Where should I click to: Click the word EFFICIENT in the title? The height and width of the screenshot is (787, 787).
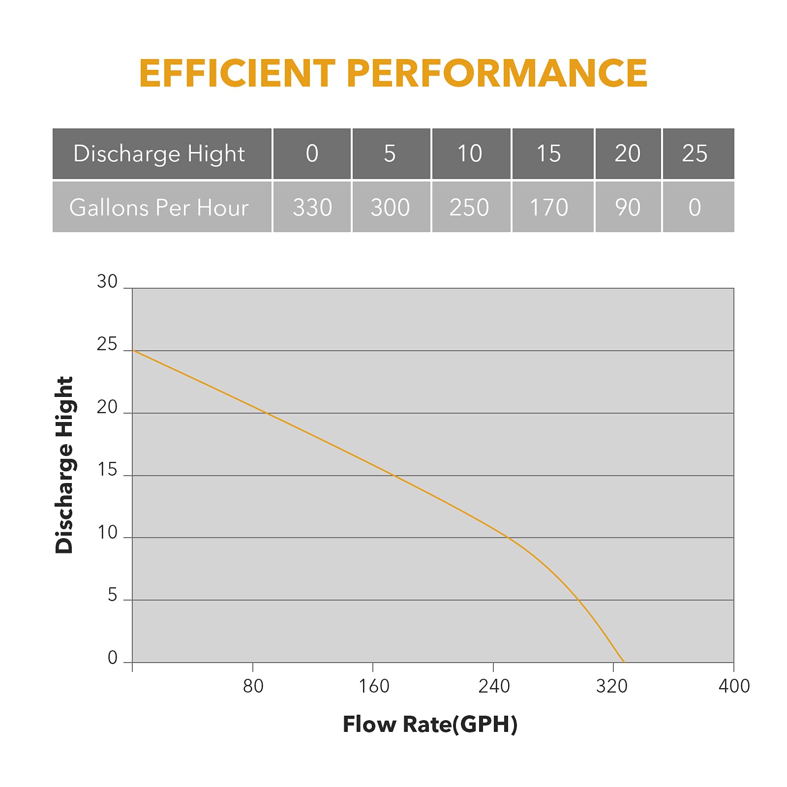pyautogui.click(x=237, y=73)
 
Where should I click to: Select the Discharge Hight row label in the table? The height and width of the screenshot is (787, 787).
pyautogui.click(x=159, y=154)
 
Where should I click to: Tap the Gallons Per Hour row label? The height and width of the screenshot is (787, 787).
pyautogui.click(x=159, y=207)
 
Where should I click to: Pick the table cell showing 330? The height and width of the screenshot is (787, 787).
pyautogui.click(x=312, y=207)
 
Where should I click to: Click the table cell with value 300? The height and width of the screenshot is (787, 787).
pyautogui.click(x=390, y=207)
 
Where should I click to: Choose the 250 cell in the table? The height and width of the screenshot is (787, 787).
pyautogui.click(x=469, y=207)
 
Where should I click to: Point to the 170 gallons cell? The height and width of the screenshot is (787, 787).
pyautogui.click(x=549, y=207)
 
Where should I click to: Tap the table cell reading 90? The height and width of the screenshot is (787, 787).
pyautogui.click(x=628, y=207)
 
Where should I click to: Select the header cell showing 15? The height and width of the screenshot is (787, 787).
pyautogui.click(x=549, y=154)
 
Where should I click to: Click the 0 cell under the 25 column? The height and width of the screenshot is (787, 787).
pyautogui.click(x=695, y=207)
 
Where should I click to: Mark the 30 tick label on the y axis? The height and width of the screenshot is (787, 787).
pyautogui.click(x=107, y=282)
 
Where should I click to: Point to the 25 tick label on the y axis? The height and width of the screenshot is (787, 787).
pyautogui.click(x=107, y=344)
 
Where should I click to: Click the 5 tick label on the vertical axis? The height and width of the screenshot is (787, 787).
pyautogui.click(x=113, y=595)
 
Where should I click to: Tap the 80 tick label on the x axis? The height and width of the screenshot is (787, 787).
pyautogui.click(x=253, y=686)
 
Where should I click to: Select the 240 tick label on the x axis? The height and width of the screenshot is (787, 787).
pyautogui.click(x=494, y=686)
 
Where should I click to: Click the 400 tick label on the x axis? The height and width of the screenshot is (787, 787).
pyautogui.click(x=734, y=686)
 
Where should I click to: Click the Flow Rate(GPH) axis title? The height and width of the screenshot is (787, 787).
pyautogui.click(x=430, y=725)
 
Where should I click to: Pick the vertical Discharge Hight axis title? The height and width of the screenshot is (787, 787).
pyautogui.click(x=64, y=465)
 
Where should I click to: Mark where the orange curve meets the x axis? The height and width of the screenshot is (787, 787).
pyautogui.click(x=624, y=662)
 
